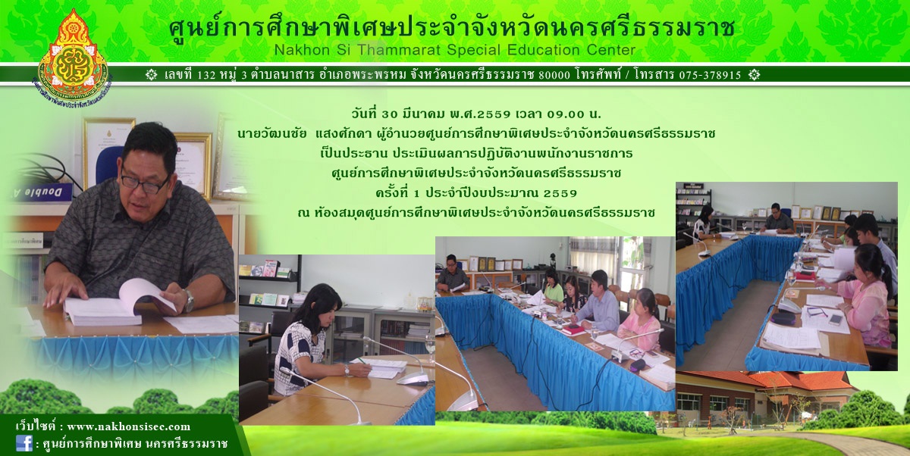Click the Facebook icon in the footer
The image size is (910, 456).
tap(24, 443)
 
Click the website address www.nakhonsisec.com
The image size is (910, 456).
tap(128, 426)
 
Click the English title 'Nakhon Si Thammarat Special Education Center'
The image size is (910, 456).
tap(454, 50)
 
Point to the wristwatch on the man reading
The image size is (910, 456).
tap(189, 301)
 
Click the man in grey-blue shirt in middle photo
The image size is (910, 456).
tap(597, 301)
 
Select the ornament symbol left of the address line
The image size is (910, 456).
tap(151, 75)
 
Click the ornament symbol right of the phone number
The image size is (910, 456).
tap(754, 75)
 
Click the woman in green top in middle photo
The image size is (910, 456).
tap(553, 286)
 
